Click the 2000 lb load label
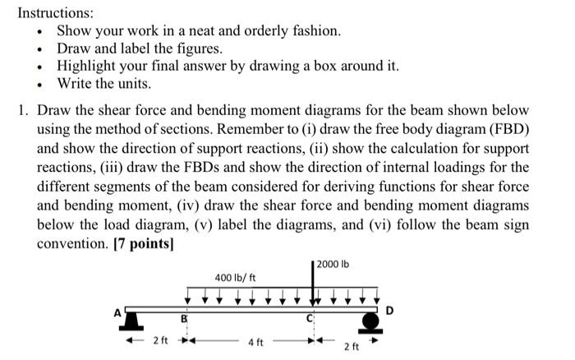pyautogui.click(x=333, y=264)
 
